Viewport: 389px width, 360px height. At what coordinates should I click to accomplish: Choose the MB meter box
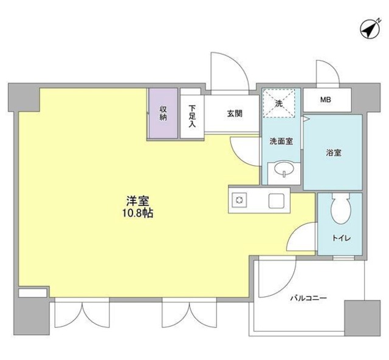coord(326,99)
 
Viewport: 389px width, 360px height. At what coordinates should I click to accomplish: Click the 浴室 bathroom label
coord(332,153)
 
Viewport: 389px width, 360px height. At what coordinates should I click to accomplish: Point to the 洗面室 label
coord(281,141)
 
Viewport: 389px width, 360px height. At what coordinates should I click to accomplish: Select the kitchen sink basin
coord(277,200)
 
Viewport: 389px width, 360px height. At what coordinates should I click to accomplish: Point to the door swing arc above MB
coord(326,72)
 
